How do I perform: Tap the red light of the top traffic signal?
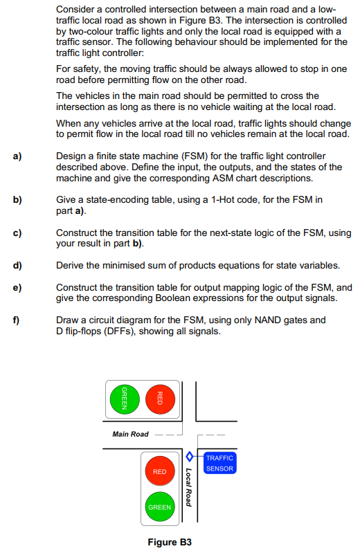[159, 399]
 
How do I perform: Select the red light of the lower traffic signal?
[159, 472]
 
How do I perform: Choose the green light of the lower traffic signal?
[159, 507]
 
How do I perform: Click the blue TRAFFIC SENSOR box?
[220, 463]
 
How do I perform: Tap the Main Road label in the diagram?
[130, 434]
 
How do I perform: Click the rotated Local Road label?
[188, 487]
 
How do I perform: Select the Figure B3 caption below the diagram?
[170, 542]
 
